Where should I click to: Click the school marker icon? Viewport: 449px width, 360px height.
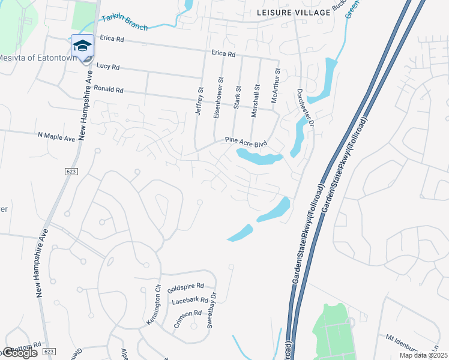[x=82, y=46]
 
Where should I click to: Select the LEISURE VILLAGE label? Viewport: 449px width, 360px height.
[x=293, y=13]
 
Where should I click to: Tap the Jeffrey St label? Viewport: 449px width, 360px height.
[x=200, y=100]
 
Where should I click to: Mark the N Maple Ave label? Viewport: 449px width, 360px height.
[x=56, y=137]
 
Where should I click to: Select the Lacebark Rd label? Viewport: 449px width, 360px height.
[x=189, y=300]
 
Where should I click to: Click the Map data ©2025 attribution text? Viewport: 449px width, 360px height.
[x=423, y=355]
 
